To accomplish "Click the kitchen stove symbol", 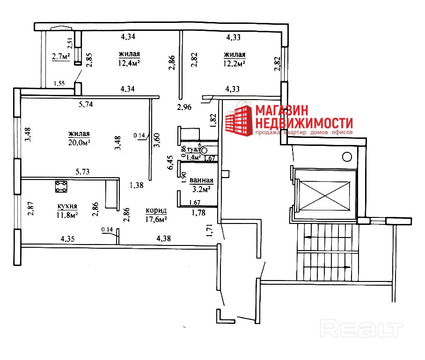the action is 61,187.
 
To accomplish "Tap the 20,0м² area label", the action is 78,142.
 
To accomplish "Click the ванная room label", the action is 202,180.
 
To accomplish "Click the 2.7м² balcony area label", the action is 60,57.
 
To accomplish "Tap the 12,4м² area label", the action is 130,63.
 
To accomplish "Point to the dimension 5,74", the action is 85,105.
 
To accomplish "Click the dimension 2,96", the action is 184,108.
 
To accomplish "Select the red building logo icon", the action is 239,121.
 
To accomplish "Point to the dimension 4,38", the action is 163,238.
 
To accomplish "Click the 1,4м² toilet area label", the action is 194,158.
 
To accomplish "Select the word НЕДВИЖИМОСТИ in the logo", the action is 303,123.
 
